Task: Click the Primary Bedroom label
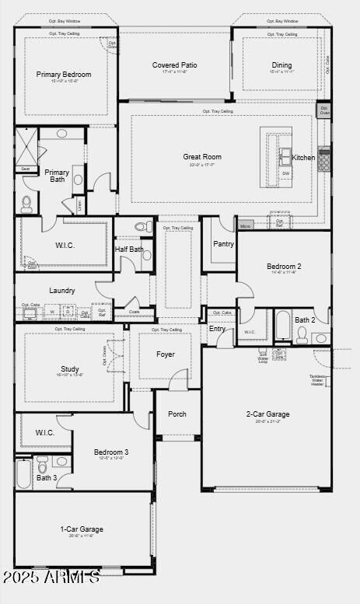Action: click(64, 75)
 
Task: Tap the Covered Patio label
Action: click(175, 65)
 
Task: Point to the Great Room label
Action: click(202, 157)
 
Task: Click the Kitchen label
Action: click(304, 158)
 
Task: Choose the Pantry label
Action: click(223, 243)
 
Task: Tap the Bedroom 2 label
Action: click(284, 266)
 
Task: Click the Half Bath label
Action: click(129, 250)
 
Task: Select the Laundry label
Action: click(62, 291)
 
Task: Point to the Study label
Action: click(70, 369)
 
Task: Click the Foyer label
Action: click(166, 354)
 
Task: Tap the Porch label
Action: click(177, 414)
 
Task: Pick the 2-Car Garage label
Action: click(268, 414)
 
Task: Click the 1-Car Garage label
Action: click(82, 529)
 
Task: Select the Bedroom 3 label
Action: click(111, 452)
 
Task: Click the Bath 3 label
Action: click(47, 477)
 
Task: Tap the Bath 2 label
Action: click(305, 319)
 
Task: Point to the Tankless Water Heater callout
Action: click(317, 380)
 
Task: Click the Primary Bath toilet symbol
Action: click(26, 204)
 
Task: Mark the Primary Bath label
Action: click(57, 176)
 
